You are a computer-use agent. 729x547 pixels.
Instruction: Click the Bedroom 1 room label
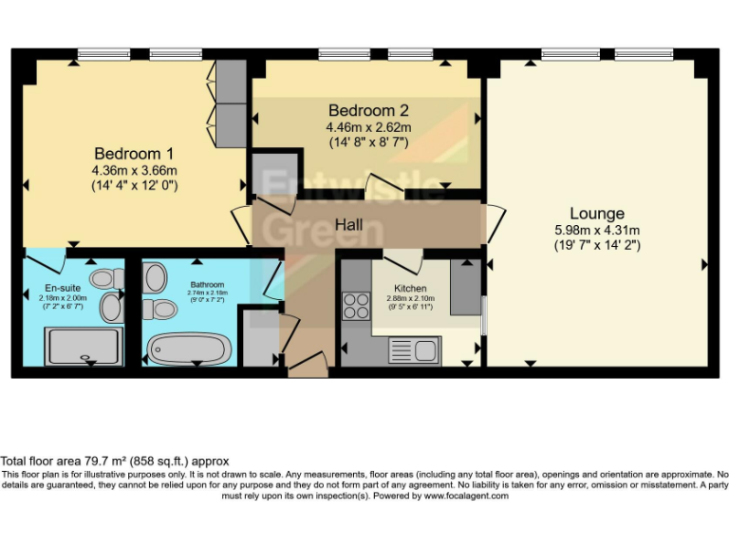tap(133, 153)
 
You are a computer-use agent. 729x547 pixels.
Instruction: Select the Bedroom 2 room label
tap(368, 110)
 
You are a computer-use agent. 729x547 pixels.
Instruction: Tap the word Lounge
tap(596, 214)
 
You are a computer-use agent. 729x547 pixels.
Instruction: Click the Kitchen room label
tap(410, 288)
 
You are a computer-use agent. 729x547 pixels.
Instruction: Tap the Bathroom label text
tap(206, 284)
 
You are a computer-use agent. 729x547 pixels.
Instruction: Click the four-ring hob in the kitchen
tap(356, 306)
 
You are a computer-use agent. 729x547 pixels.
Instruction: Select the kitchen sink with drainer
tap(412, 350)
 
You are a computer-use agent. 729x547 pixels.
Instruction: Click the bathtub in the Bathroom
tap(188, 349)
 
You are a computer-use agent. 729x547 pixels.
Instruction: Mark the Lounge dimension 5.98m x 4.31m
tap(596, 230)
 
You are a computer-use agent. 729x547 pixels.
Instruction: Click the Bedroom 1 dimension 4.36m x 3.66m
tap(133, 170)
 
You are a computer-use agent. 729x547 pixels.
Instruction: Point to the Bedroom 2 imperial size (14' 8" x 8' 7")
tap(368, 142)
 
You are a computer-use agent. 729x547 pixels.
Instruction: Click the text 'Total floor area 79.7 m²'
tap(85, 461)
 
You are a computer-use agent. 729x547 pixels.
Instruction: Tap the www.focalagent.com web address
tap(465, 496)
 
